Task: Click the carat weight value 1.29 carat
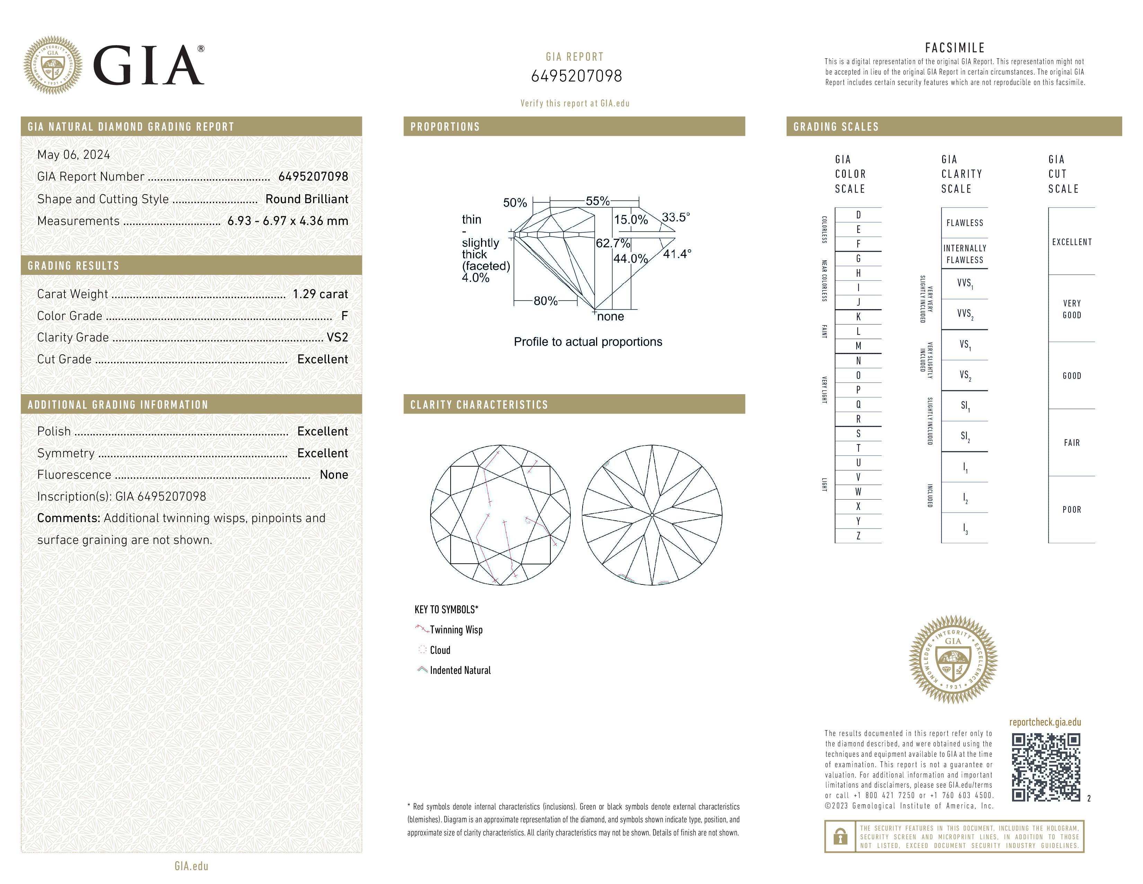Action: [320, 294]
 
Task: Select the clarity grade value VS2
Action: [337, 337]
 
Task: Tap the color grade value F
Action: [344, 316]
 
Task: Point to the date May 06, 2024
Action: [73, 155]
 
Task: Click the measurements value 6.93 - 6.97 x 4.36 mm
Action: [287, 221]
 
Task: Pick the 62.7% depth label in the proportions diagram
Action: [612, 243]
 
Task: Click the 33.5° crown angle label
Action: [676, 217]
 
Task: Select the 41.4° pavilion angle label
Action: [677, 254]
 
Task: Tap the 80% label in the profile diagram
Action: [545, 301]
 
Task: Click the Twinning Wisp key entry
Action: [456, 630]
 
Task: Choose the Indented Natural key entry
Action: [460, 670]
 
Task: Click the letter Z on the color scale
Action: [858, 536]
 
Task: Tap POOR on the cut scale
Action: [1071, 510]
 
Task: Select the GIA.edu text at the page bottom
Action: [191, 866]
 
